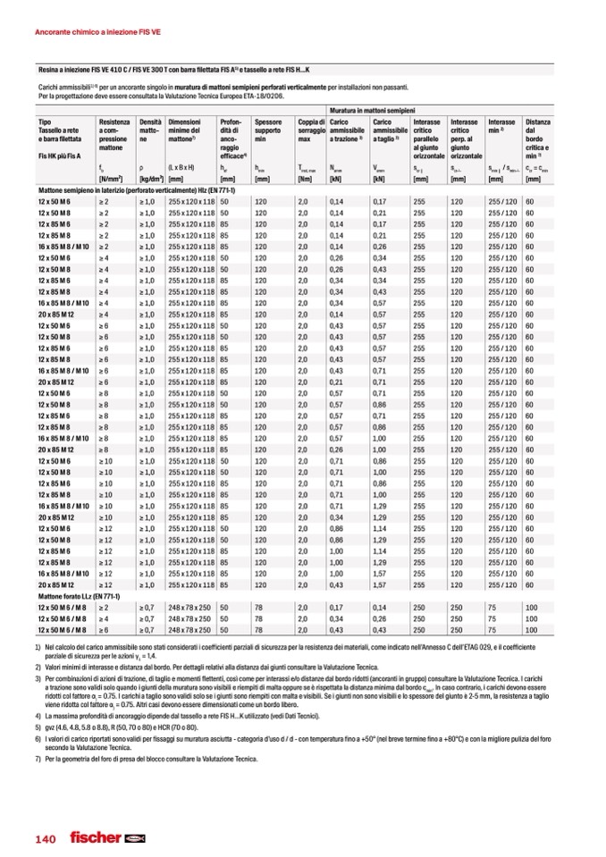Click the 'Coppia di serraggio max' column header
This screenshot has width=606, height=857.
pyautogui.click(x=311, y=130)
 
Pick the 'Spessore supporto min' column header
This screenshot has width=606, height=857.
pyautogui.click(x=268, y=130)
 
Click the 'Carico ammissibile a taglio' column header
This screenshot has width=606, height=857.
pyautogui.click(x=390, y=130)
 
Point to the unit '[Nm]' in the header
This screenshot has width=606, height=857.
pyautogui.click(x=304, y=181)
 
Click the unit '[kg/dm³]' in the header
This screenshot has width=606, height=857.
pyautogui.click(x=152, y=181)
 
